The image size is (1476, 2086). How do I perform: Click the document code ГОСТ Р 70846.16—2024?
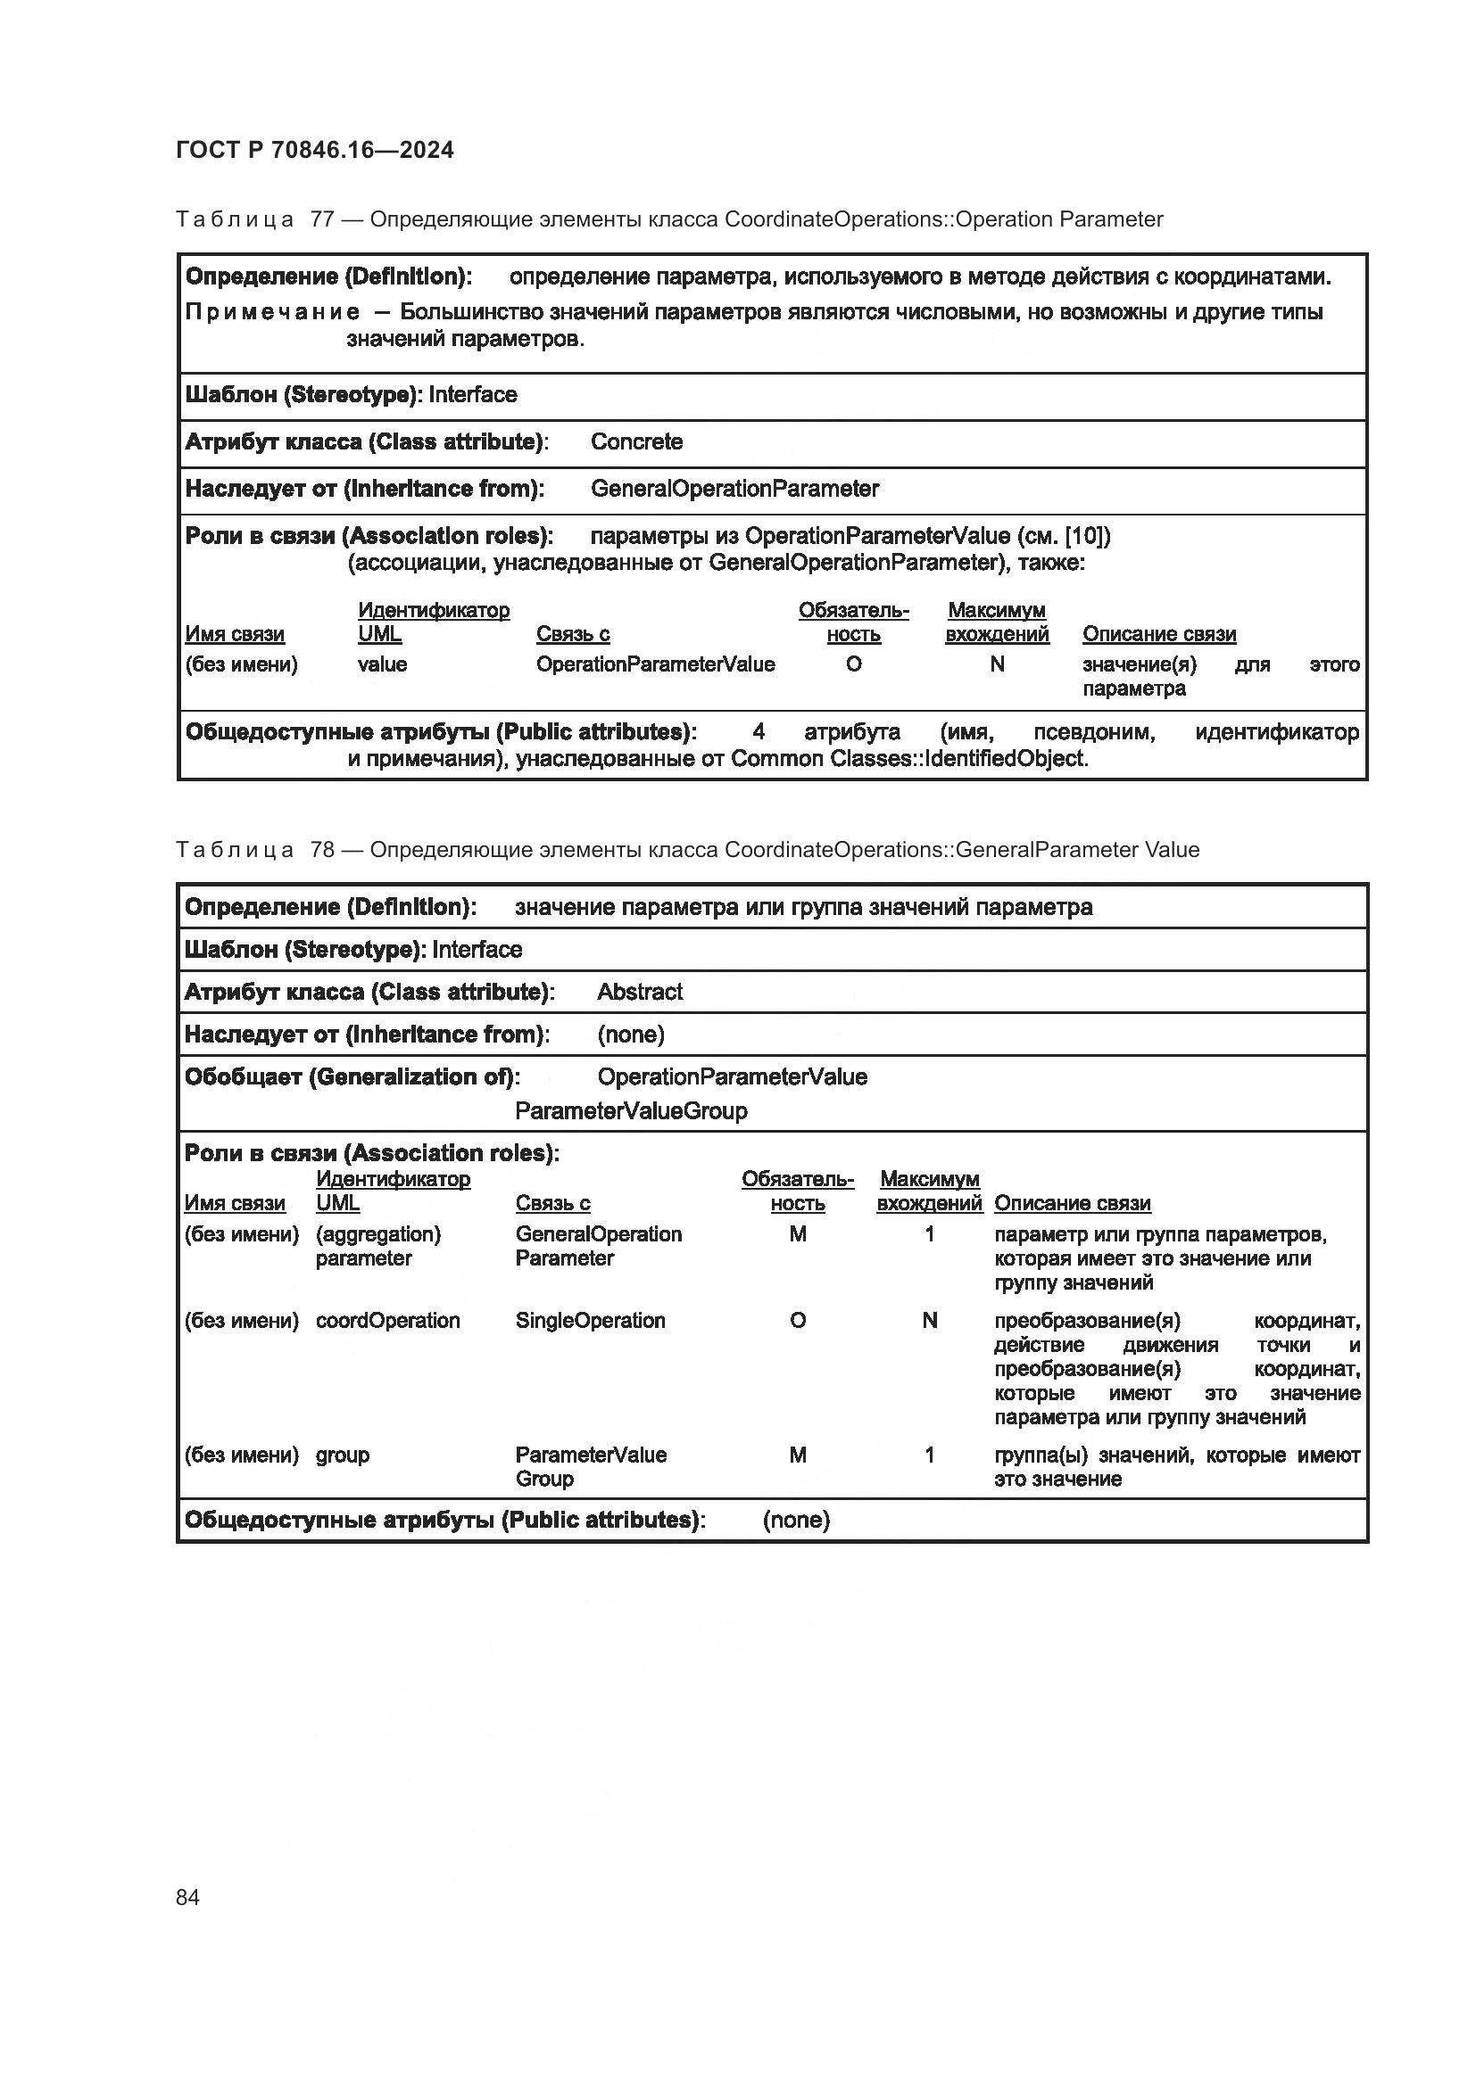314,150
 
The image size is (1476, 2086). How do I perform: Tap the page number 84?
187,1897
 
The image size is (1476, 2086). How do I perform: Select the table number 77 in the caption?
322,219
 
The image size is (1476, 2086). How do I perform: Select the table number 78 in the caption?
322,850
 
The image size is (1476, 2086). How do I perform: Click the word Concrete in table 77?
636,441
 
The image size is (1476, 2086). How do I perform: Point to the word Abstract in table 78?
639,991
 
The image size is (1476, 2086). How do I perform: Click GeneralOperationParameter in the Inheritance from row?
734,489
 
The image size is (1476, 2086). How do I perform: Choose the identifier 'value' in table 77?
382,664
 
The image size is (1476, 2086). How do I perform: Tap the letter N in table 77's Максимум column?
996,664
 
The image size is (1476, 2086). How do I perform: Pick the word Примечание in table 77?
272,312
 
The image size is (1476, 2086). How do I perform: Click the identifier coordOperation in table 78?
387,1320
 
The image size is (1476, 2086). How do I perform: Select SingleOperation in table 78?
590,1320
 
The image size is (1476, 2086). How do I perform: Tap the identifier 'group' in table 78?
342,1455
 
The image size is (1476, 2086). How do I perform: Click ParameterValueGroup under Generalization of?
631,1110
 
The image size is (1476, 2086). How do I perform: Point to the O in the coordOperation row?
797,1320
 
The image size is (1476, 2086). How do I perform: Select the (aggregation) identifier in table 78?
378,1233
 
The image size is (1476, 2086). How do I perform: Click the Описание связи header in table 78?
1072,1203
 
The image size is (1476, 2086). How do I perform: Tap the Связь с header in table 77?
572,634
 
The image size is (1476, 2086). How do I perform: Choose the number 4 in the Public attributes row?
758,732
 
